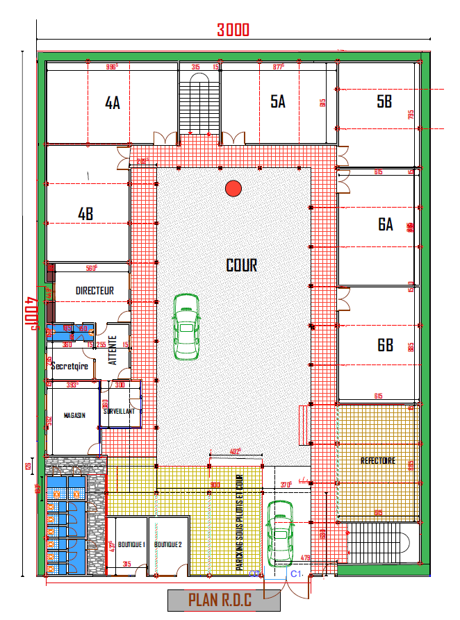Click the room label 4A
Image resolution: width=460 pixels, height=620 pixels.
pos(113,103)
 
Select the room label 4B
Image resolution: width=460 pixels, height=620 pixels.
pos(85,215)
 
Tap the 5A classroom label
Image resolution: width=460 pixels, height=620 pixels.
pos(278,101)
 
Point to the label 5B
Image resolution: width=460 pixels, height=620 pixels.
pos(384,101)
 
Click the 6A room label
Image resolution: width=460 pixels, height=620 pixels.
pos(386,224)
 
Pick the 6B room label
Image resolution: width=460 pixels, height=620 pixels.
pos(386,345)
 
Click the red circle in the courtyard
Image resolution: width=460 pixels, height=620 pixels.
pos(233,187)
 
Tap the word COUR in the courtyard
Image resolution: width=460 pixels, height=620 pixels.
pos(242,265)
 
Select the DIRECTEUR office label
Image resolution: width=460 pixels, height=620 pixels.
pos(95,292)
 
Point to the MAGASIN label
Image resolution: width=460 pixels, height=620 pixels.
pos(74,415)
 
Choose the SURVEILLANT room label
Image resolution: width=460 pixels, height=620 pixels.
pos(122,411)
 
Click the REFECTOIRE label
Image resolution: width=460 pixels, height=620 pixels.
pos(378,460)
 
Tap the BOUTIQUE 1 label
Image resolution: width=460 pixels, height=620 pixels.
pos(130,545)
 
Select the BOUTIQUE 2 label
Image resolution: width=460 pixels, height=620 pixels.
pos(168,545)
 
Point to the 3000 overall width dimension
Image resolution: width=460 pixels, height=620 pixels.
pos(233,30)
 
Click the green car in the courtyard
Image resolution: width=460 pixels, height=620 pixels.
pos(186,326)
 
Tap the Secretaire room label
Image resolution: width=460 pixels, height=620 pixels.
pos(69,366)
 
